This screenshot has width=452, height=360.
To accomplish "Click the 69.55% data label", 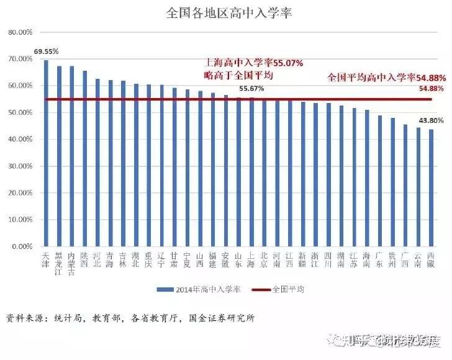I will [47, 52].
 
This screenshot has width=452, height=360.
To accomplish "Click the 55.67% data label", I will [251, 89].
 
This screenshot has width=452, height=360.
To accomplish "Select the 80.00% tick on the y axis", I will [20, 32].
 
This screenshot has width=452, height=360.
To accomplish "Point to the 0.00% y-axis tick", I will [21, 247].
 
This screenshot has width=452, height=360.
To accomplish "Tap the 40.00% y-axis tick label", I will [20, 140].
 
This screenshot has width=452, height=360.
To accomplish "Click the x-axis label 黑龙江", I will [59, 263].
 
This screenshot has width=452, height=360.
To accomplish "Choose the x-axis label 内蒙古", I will [72, 263].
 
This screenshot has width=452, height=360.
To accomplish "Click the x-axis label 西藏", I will [431, 259].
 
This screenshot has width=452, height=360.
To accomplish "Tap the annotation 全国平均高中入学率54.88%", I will [386, 78].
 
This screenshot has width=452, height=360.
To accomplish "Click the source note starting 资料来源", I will [130, 318].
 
